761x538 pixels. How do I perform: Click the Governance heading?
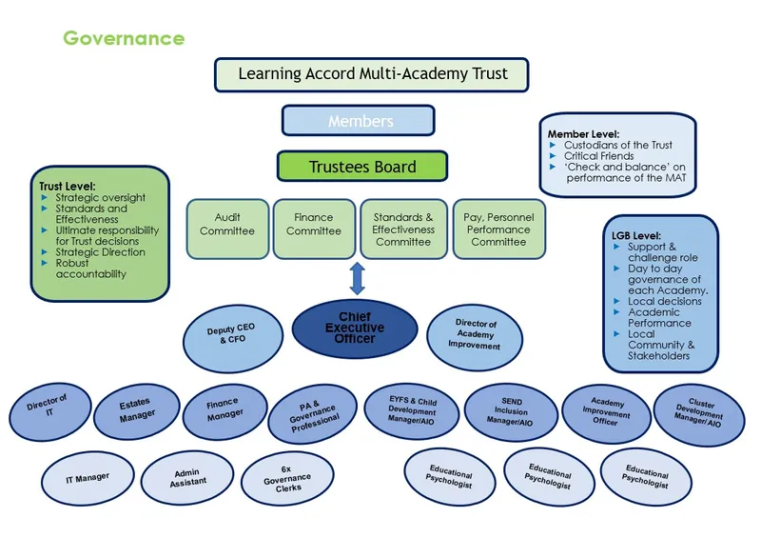(x=124, y=39)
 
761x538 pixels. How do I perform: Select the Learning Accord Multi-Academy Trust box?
(x=372, y=73)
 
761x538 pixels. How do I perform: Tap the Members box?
(x=359, y=121)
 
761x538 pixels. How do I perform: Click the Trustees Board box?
(x=361, y=167)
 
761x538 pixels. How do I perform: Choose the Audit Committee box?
(x=227, y=226)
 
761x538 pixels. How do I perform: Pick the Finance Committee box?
(x=314, y=226)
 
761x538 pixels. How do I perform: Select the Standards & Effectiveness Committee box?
(x=403, y=229)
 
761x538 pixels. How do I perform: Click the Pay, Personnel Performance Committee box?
(x=498, y=229)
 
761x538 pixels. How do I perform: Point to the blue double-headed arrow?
(x=358, y=279)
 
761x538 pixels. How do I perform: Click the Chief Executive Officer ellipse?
(x=355, y=329)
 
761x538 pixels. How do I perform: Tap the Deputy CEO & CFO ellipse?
(x=231, y=334)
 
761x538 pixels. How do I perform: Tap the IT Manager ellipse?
(x=88, y=477)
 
